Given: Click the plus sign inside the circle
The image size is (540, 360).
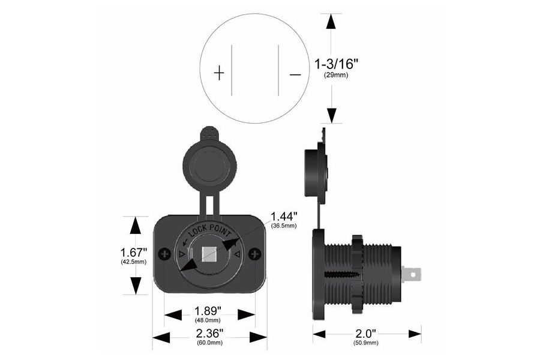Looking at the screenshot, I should point(219,74).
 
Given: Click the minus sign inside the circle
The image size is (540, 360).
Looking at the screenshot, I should point(295,74).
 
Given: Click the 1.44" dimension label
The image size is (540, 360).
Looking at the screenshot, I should point(284,216).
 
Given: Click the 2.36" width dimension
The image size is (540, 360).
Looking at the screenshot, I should point(209,333).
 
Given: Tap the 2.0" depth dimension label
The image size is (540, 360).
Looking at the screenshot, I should point(366,333).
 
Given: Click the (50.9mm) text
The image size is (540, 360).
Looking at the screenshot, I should point(366,343).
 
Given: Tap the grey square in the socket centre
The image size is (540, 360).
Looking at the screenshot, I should point(209,255).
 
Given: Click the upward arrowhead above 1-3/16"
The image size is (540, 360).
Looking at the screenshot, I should point(330,21).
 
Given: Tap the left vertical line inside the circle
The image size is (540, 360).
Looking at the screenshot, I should point(232,69).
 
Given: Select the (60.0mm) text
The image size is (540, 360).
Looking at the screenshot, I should point(209,343).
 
